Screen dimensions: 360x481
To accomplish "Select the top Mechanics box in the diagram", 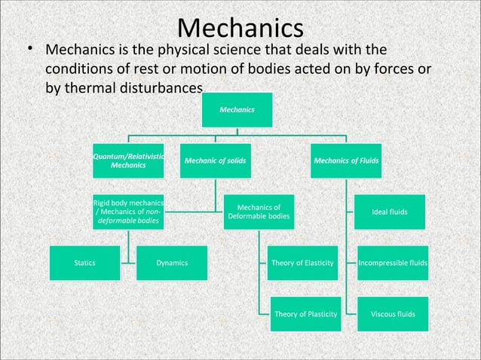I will click(237, 110).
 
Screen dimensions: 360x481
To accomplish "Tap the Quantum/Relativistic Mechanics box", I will click(128, 160).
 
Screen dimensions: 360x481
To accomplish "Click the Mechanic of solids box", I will click(216, 160).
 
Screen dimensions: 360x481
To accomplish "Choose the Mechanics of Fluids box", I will click(346, 160).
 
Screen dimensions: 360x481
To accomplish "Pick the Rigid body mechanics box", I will click(128, 212).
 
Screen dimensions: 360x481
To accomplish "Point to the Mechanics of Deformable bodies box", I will click(259, 212).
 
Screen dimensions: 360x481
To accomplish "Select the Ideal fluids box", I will click(390, 212).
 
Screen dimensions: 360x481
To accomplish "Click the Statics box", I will click(84, 263).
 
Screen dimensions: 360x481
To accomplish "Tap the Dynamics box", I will click(172, 263).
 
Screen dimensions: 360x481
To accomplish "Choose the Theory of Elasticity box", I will click(302, 263).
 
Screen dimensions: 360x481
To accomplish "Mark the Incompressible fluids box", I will click(392, 263).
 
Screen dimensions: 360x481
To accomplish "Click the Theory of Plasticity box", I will click(305, 313).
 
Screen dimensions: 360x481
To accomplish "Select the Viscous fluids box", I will click(390, 313).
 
